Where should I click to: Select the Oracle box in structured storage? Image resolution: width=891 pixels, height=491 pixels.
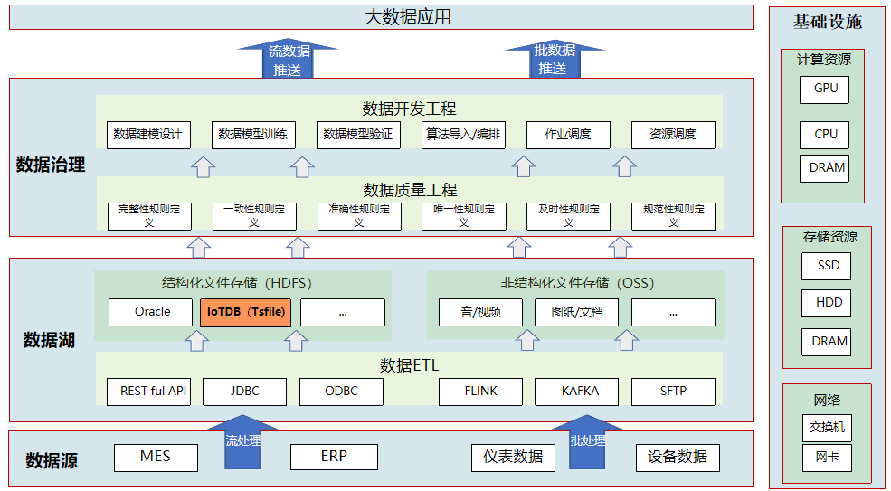152,312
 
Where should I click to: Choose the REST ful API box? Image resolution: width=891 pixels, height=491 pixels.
153,392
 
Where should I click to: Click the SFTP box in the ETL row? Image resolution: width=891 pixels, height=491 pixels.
673,392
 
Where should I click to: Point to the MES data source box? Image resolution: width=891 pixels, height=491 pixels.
156,457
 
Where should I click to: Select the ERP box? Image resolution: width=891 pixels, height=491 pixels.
333,457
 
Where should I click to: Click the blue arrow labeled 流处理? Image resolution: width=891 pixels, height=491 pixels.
242,444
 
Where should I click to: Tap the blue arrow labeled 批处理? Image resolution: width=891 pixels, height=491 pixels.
588,444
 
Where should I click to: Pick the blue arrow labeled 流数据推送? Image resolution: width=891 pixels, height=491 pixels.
288,60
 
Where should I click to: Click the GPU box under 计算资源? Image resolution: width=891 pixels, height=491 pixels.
825,89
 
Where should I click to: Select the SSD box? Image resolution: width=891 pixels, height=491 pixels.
827,266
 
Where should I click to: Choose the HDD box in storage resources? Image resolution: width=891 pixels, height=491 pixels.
827,303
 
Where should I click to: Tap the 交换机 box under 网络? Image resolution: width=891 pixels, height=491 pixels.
827,427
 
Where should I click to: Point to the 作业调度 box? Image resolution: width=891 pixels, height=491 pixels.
568,135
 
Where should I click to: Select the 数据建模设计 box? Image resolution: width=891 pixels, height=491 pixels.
147,135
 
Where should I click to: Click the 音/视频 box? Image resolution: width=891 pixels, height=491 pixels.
480,312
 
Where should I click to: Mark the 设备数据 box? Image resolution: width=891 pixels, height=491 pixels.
678,457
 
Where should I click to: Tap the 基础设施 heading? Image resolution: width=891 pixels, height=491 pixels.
827,22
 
